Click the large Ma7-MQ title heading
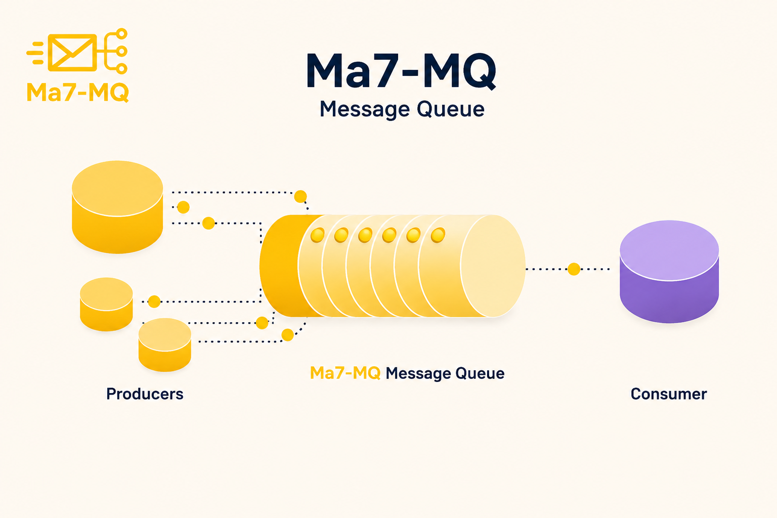point(401,71)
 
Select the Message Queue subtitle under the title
point(402,109)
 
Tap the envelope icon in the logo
point(72,53)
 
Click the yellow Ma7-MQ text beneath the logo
point(78,92)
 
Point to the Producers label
point(145,394)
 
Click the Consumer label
point(668,394)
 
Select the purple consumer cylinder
point(669,272)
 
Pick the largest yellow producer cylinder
point(117,207)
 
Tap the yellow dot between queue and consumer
point(574,269)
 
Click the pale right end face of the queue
point(493,266)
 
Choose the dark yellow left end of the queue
point(280,266)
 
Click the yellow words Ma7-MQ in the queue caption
point(345,373)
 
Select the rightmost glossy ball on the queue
point(438,235)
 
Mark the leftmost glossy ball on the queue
point(317,235)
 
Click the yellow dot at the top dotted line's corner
point(300,196)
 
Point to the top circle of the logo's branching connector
point(122,34)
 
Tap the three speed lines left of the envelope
point(35,53)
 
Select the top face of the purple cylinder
point(669,250)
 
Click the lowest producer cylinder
point(165,345)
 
